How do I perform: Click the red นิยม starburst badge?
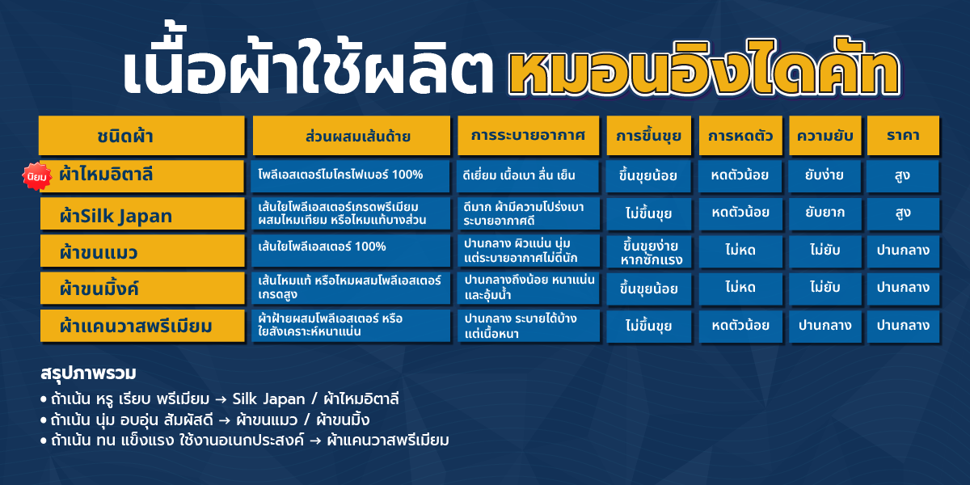37,176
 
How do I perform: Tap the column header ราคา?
903,136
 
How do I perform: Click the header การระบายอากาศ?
529,136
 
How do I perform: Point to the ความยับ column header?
825,136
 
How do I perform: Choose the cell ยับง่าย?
824,176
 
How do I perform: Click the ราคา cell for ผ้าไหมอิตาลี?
903,176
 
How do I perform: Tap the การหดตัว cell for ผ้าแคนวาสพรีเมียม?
740,326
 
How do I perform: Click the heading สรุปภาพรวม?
88,373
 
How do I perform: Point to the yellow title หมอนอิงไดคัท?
705,69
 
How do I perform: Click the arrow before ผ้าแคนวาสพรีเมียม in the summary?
316,441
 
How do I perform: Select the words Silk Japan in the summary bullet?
268,399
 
